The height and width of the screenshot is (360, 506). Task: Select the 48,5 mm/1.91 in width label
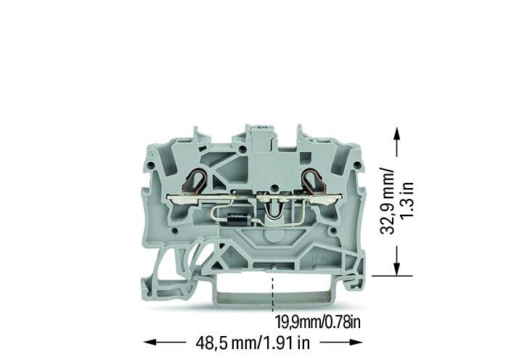point(253,343)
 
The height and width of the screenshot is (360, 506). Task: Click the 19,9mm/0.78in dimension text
point(317,322)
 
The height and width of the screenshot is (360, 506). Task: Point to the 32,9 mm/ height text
point(387,200)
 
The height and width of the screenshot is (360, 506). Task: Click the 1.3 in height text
point(407,200)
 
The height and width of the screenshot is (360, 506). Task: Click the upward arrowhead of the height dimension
point(397,133)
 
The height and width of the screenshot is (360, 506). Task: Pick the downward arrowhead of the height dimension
point(397,269)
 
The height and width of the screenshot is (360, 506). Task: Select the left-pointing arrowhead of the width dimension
point(151,342)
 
